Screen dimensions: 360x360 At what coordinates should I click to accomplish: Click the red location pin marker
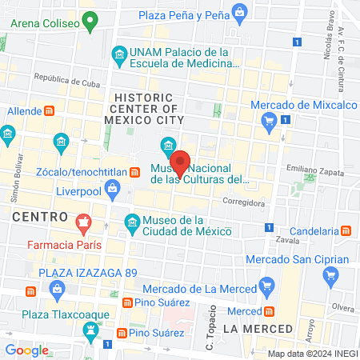point(181,162)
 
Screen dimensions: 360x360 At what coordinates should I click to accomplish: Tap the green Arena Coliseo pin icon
point(91,22)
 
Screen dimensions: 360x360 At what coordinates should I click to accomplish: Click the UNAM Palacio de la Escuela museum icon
point(119,55)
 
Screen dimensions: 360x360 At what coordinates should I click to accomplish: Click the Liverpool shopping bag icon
point(112,188)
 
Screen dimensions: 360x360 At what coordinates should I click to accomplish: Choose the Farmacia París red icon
point(82,221)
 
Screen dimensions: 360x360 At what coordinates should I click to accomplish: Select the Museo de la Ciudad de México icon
point(131,221)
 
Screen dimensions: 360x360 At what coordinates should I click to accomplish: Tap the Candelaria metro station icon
point(346,230)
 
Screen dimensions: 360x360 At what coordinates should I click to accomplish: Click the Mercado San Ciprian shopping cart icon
point(330,277)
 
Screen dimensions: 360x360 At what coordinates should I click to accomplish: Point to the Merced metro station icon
point(270,310)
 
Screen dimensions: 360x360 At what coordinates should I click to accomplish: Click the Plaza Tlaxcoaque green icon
point(91,330)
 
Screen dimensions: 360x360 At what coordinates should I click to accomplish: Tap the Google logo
point(26,350)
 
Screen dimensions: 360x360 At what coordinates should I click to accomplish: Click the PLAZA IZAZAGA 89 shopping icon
point(30,290)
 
